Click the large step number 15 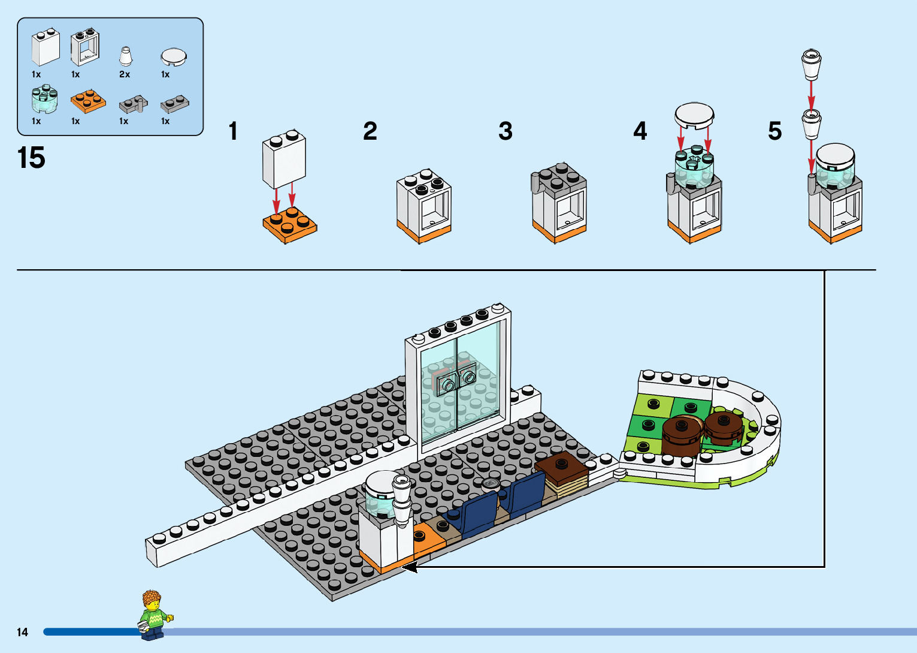pyautogui.click(x=31, y=158)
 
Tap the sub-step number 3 pyautogui.click(x=506, y=131)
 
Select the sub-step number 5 pyautogui.click(x=775, y=131)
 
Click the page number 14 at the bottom pyautogui.click(x=23, y=632)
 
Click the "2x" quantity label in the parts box pyautogui.click(x=125, y=74)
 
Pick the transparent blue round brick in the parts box pyautogui.click(x=44, y=99)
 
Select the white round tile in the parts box pyautogui.click(x=174, y=57)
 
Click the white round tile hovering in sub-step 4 pyautogui.click(x=694, y=115)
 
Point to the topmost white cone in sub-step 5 pyautogui.click(x=811, y=64)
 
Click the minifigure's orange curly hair pyautogui.click(x=152, y=599)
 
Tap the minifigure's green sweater pyautogui.click(x=153, y=618)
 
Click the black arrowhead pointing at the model pyautogui.click(x=409, y=566)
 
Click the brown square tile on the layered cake pyautogui.click(x=562, y=465)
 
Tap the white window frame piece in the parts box pyautogui.click(x=84, y=48)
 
